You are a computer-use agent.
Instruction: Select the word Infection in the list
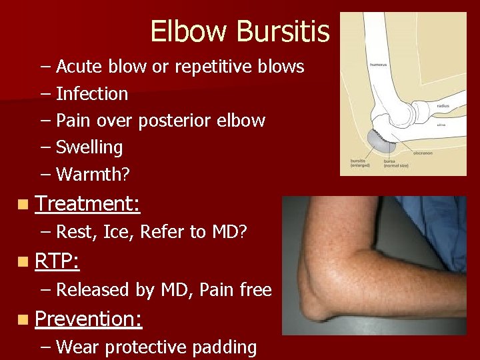[x=92, y=94]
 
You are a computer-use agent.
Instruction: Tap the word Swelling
[x=89, y=147]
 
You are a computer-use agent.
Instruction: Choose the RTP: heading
[x=57, y=261]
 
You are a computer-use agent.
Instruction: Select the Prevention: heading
[x=88, y=319]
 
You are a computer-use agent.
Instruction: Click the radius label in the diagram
[x=443, y=105]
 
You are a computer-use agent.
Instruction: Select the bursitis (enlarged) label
[x=363, y=163]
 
